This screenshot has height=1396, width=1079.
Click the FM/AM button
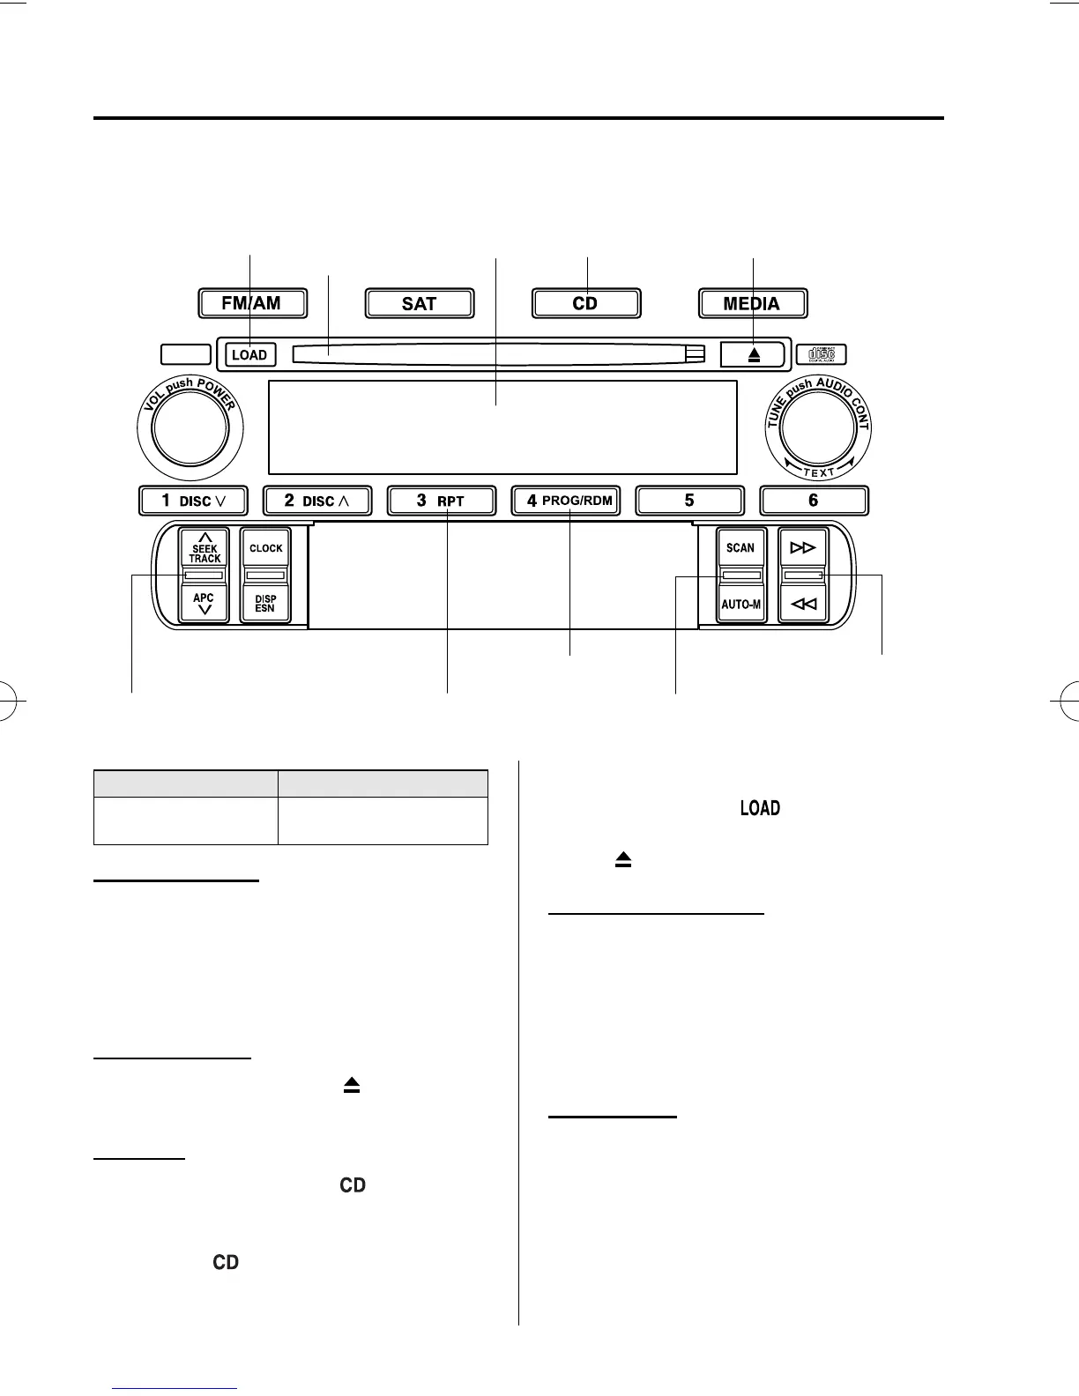coord(252,303)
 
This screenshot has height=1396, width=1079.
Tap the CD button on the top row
coord(585,303)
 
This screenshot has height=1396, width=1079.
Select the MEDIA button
coord(752,303)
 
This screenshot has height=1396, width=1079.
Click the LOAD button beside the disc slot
coord(249,355)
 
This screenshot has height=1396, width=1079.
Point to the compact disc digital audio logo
coord(821,354)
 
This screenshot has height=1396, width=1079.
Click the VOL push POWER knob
coord(190,428)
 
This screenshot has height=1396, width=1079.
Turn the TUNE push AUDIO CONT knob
coord(819,428)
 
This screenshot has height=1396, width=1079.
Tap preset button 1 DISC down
coord(193,501)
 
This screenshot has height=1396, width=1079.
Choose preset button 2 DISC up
coord(317,501)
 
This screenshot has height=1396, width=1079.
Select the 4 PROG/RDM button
coord(566,501)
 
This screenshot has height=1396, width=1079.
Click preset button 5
coord(689,501)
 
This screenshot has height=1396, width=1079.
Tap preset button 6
coord(814,501)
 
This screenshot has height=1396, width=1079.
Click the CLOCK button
coord(265,548)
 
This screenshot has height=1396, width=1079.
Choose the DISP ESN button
coord(265,604)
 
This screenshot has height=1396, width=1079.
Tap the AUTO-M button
coord(740,605)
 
